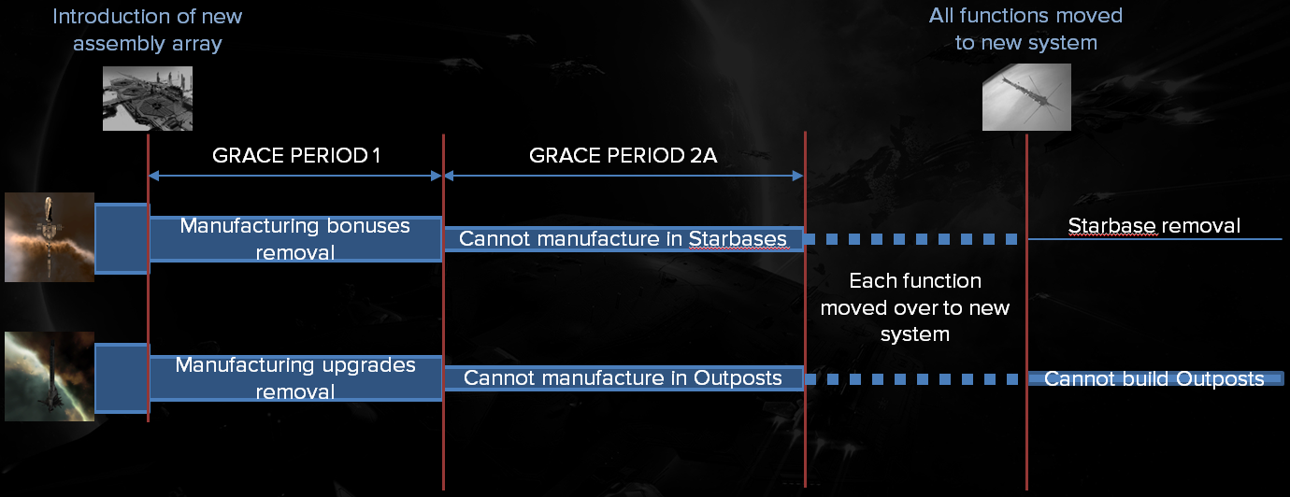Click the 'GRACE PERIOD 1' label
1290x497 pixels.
click(296, 155)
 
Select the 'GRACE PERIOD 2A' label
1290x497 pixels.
click(623, 155)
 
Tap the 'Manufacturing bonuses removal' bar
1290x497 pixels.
click(295, 239)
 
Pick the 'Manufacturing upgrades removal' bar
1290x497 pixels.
click(295, 378)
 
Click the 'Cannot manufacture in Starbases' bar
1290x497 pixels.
click(623, 239)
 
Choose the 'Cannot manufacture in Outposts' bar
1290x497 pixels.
click(623, 378)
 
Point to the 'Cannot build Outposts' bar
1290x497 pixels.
click(1155, 378)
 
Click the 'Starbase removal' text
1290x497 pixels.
click(1154, 225)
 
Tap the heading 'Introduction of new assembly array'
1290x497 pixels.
click(148, 30)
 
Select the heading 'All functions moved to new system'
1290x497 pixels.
click(1025, 29)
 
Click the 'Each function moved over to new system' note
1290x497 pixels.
click(915, 307)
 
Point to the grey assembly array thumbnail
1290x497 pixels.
click(148, 98)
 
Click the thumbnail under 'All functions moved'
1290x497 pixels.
click(1026, 96)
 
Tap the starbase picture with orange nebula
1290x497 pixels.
click(50, 237)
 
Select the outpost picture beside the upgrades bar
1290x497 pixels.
click(50, 376)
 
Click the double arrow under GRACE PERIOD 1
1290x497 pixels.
click(295, 176)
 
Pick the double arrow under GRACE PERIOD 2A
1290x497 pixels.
click(623, 176)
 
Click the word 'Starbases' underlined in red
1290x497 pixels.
click(738, 239)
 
